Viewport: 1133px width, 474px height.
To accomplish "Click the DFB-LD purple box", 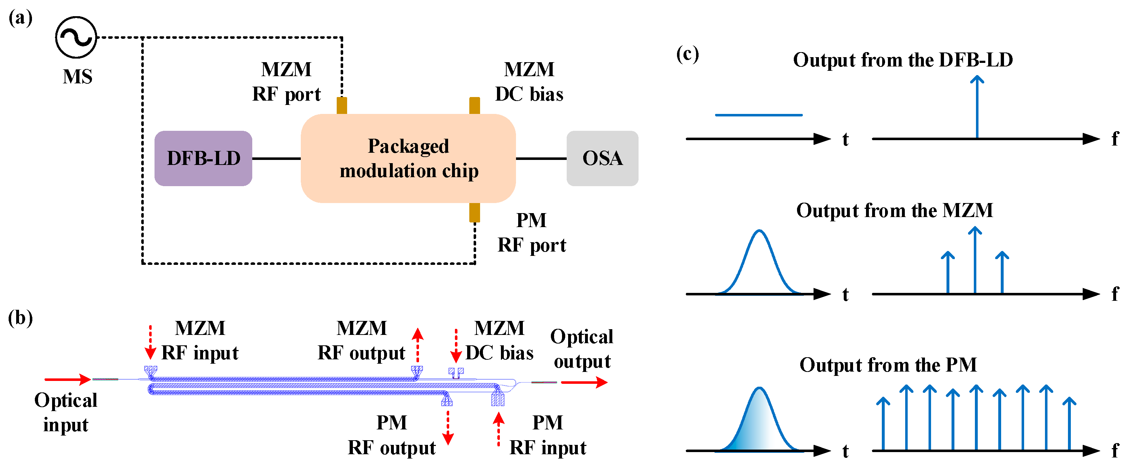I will [x=203, y=158].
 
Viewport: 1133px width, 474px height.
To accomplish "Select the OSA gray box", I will [x=602, y=158].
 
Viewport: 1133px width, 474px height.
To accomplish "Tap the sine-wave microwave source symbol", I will [x=76, y=37].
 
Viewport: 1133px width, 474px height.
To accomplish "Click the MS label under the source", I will [x=77, y=77].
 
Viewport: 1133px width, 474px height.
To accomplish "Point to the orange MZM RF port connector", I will [x=342, y=106].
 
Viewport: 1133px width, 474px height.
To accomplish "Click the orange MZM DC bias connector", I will [x=475, y=106].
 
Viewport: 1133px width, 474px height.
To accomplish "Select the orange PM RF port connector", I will [x=475, y=212].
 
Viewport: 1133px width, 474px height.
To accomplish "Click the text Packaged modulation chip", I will [x=409, y=158].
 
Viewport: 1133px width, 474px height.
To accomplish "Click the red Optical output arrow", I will [x=584, y=382].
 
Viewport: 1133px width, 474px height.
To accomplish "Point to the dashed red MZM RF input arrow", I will [x=151, y=343].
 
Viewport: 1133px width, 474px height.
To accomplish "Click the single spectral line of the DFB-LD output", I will [x=977, y=108].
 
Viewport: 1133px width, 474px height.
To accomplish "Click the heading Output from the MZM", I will [x=895, y=211].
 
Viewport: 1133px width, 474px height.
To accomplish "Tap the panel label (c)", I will [x=687, y=55].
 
